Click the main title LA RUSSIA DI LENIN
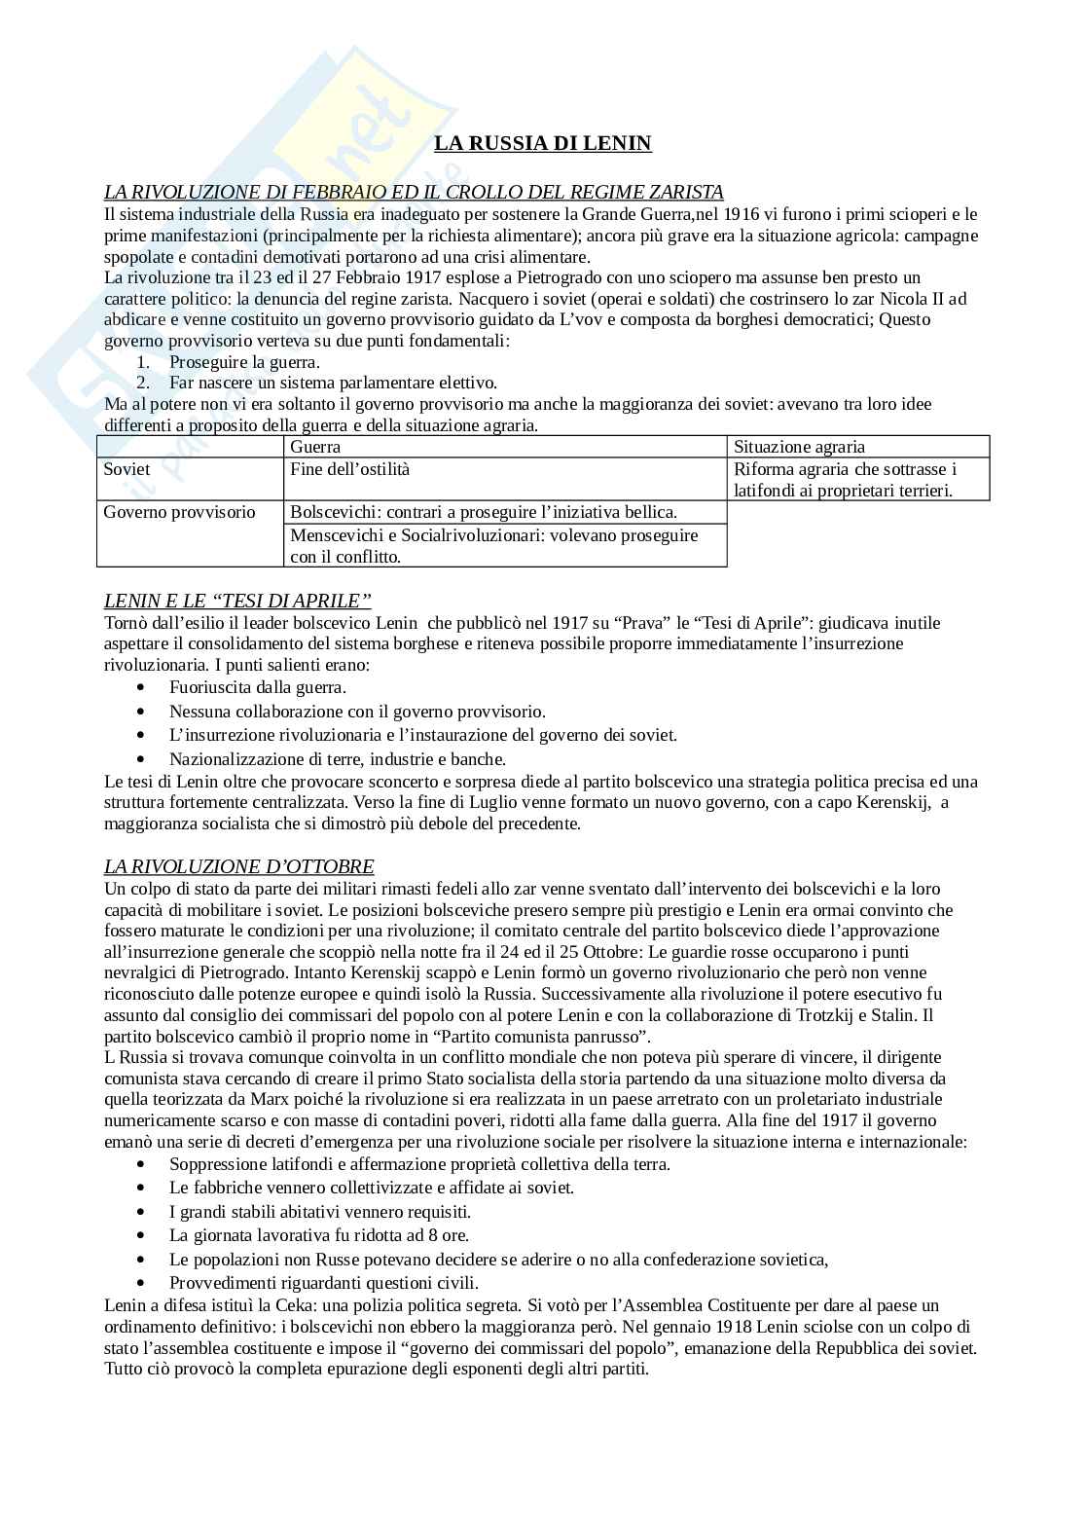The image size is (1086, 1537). pyautogui.click(x=542, y=143)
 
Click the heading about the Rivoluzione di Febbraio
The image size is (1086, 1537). pyautogui.click(x=414, y=192)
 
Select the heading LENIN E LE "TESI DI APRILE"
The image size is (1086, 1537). pyautogui.click(x=237, y=601)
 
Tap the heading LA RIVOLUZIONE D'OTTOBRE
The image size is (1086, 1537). pyautogui.click(x=238, y=866)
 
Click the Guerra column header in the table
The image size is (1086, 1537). pyautogui.click(x=315, y=447)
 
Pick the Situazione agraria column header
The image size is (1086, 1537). pyautogui.click(x=799, y=447)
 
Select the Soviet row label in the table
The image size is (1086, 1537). pyautogui.click(x=127, y=469)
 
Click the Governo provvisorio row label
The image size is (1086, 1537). pyautogui.click(x=179, y=512)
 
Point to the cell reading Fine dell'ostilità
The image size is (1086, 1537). pyautogui.click(x=350, y=469)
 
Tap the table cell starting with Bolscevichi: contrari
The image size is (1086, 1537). pyautogui.click(x=484, y=512)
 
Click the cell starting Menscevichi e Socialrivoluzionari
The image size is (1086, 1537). pyautogui.click(x=494, y=545)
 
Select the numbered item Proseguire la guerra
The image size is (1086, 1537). pyautogui.click(x=244, y=362)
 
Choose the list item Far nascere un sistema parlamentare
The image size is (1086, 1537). pyautogui.click(x=333, y=383)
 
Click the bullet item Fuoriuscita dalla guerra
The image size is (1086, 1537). pyautogui.click(x=257, y=687)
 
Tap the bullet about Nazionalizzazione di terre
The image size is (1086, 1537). pyautogui.click(x=337, y=759)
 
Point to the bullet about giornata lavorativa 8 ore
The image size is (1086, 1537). pyautogui.click(x=318, y=1235)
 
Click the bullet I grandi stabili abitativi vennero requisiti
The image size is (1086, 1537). pyautogui.click(x=319, y=1212)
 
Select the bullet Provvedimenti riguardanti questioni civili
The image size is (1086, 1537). pyautogui.click(x=323, y=1283)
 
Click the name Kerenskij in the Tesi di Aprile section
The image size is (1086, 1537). pyautogui.click(x=895, y=802)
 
